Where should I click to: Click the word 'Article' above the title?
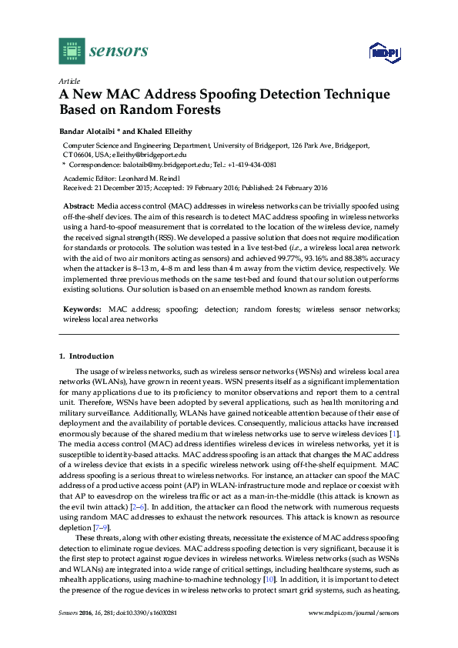click(x=68, y=81)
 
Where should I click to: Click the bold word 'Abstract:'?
click(x=78, y=206)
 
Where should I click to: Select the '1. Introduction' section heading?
click(x=86, y=356)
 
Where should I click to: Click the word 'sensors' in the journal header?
click(x=119, y=51)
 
